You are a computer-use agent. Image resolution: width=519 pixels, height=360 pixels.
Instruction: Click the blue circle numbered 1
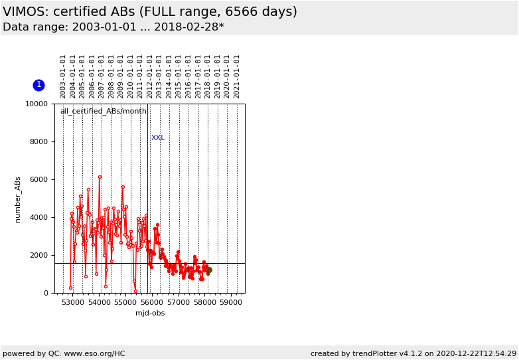[38, 85]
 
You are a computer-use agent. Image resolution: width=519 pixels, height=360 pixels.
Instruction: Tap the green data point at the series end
[209, 270]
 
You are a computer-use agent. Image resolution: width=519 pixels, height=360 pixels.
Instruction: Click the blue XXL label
[158, 138]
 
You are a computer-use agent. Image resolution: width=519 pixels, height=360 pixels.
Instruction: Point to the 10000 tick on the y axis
[36, 104]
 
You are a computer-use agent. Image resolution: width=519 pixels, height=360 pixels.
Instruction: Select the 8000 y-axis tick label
[38, 142]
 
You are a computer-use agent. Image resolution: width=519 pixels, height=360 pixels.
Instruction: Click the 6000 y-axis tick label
[38, 180]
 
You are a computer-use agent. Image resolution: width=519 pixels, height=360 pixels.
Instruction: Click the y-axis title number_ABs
[19, 199]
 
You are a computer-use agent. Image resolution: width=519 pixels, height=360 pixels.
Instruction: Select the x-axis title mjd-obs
[150, 314]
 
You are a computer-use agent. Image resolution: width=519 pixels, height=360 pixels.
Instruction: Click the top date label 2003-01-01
[63, 76]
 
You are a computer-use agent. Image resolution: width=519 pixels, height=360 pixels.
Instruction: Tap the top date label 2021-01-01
[237, 76]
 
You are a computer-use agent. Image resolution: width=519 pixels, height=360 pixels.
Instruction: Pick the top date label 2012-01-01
[150, 76]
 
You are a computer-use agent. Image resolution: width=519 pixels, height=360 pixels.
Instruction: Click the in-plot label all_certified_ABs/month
[104, 112]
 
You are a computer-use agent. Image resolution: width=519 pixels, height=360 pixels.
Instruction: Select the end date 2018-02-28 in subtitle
[187, 27]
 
